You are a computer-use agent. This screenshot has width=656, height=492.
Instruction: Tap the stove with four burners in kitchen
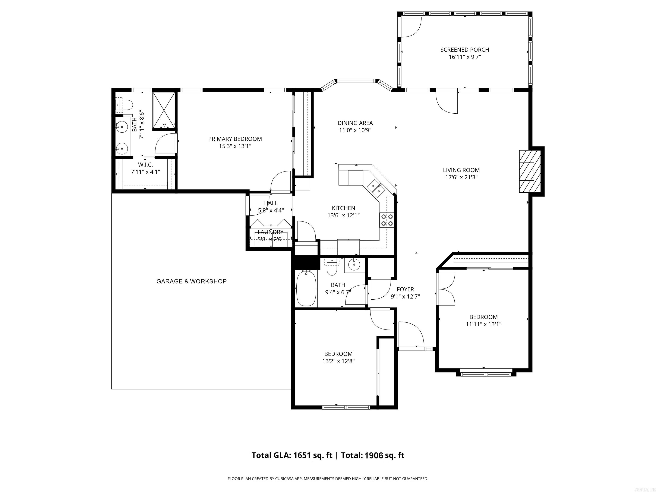pyautogui.click(x=387, y=220)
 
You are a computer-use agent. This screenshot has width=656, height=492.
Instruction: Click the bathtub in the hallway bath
pyautogui.click(x=306, y=288)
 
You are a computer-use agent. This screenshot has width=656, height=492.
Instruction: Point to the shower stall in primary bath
pyautogui.click(x=164, y=111)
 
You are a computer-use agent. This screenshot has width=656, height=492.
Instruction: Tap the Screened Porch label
pyautogui.click(x=464, y=50)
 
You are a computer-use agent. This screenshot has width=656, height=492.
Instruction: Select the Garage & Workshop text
pyautogui.click(x=191, y=281)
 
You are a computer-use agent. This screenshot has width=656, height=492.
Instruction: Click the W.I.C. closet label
pyautogui.click(x=145, y=165)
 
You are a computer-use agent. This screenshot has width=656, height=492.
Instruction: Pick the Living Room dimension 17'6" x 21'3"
pyautogui.click(x=461, y=177)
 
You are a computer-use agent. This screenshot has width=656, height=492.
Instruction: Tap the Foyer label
pyautogui.click(x=405, y=289)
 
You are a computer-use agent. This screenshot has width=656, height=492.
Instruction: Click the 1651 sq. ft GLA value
pyautogui.click(x=313, y=455)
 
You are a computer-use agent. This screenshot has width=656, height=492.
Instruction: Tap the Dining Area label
pyautogui.click(x=355, y=123)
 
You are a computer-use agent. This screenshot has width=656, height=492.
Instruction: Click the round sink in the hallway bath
pyautogui.click(x=354, y=264)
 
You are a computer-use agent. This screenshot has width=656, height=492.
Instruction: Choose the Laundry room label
pyautogui.click(x=271, y=232)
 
